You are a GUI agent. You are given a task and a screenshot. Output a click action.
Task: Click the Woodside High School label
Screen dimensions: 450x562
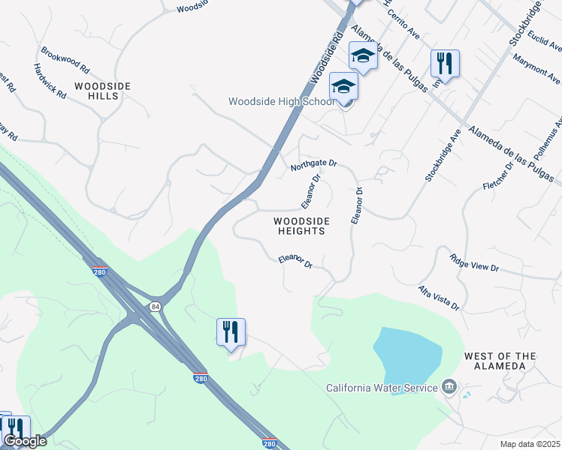[x=282, y=101]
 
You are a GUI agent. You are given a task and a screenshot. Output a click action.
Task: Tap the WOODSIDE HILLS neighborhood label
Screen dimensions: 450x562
[x=103, y=91]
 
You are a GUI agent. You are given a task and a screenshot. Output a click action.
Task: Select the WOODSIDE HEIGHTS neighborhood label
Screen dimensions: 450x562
[x=299, y=226]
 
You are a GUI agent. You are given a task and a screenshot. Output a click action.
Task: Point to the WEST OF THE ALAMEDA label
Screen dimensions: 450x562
[x=511, y=361]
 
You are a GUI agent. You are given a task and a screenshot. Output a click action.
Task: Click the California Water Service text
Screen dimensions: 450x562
[x=381, y=388]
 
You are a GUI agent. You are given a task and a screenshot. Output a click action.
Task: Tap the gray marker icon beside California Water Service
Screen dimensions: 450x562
[x=449, y=387]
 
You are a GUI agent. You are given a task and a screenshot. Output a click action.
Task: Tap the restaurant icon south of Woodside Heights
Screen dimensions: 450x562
[x=231, y=331]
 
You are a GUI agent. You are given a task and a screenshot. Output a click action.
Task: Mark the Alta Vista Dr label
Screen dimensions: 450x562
[x=439, y=297]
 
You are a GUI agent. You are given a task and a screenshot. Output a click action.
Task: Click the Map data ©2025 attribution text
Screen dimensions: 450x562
[x=530, y=444]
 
